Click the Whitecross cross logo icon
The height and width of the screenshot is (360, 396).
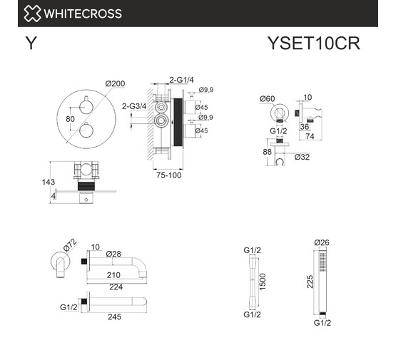tap(32, 14)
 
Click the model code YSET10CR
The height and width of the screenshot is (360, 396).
tap(314, 43)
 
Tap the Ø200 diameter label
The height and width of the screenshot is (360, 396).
tap(115, 83)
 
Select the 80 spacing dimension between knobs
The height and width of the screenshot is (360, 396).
tap(70, 119)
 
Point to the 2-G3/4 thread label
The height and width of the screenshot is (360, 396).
tap(134, 106)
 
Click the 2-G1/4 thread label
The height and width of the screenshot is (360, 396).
tap(181, 80)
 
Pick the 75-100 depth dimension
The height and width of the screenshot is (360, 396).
tap(168, 175)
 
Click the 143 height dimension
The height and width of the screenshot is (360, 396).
tap(49, 182)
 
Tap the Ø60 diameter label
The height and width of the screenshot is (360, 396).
tap(267, 98)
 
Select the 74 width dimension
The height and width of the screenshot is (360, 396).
tap(310, 136)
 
